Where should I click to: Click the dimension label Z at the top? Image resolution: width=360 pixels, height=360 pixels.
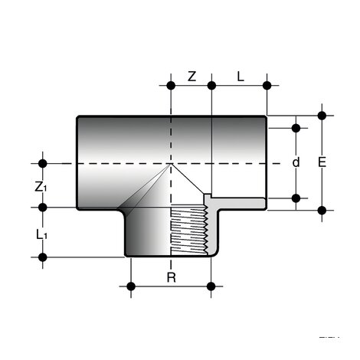pos(192,77)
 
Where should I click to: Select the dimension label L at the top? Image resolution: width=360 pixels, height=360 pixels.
pos(240,77)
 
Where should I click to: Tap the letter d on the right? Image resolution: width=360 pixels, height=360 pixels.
pos(296,162)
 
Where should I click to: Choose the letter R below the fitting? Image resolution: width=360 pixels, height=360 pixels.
pos(171,277)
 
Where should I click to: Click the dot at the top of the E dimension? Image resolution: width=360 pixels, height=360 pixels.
pos(322,116)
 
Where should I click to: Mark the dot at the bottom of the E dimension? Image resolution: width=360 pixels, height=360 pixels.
pos(322,208)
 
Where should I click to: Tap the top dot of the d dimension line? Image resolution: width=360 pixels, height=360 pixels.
pos(296,127)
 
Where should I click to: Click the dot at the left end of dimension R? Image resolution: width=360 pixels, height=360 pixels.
pos(131,287)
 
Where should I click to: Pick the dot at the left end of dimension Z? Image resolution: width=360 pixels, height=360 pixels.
pos(171,85)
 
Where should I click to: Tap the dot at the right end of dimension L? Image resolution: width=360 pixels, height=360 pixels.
pos(267,85)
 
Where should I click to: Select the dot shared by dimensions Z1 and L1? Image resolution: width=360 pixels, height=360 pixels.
pos(43,207)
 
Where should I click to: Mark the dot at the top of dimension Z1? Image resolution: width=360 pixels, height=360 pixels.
pos(43,163)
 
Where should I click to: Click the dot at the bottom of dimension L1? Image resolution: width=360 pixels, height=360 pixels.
pos(43,257)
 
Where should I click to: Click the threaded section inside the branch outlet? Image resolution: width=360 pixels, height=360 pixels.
pos(188,230)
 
